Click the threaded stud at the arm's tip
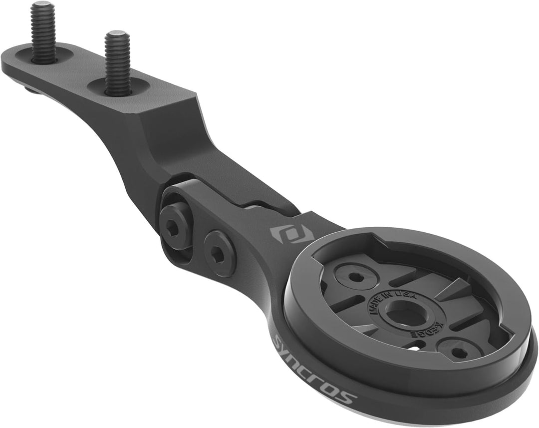point(43,32)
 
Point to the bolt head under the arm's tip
point(31,90)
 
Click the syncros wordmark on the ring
point(315,369)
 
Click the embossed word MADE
point(375,303)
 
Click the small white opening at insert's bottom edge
point(414,346)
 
